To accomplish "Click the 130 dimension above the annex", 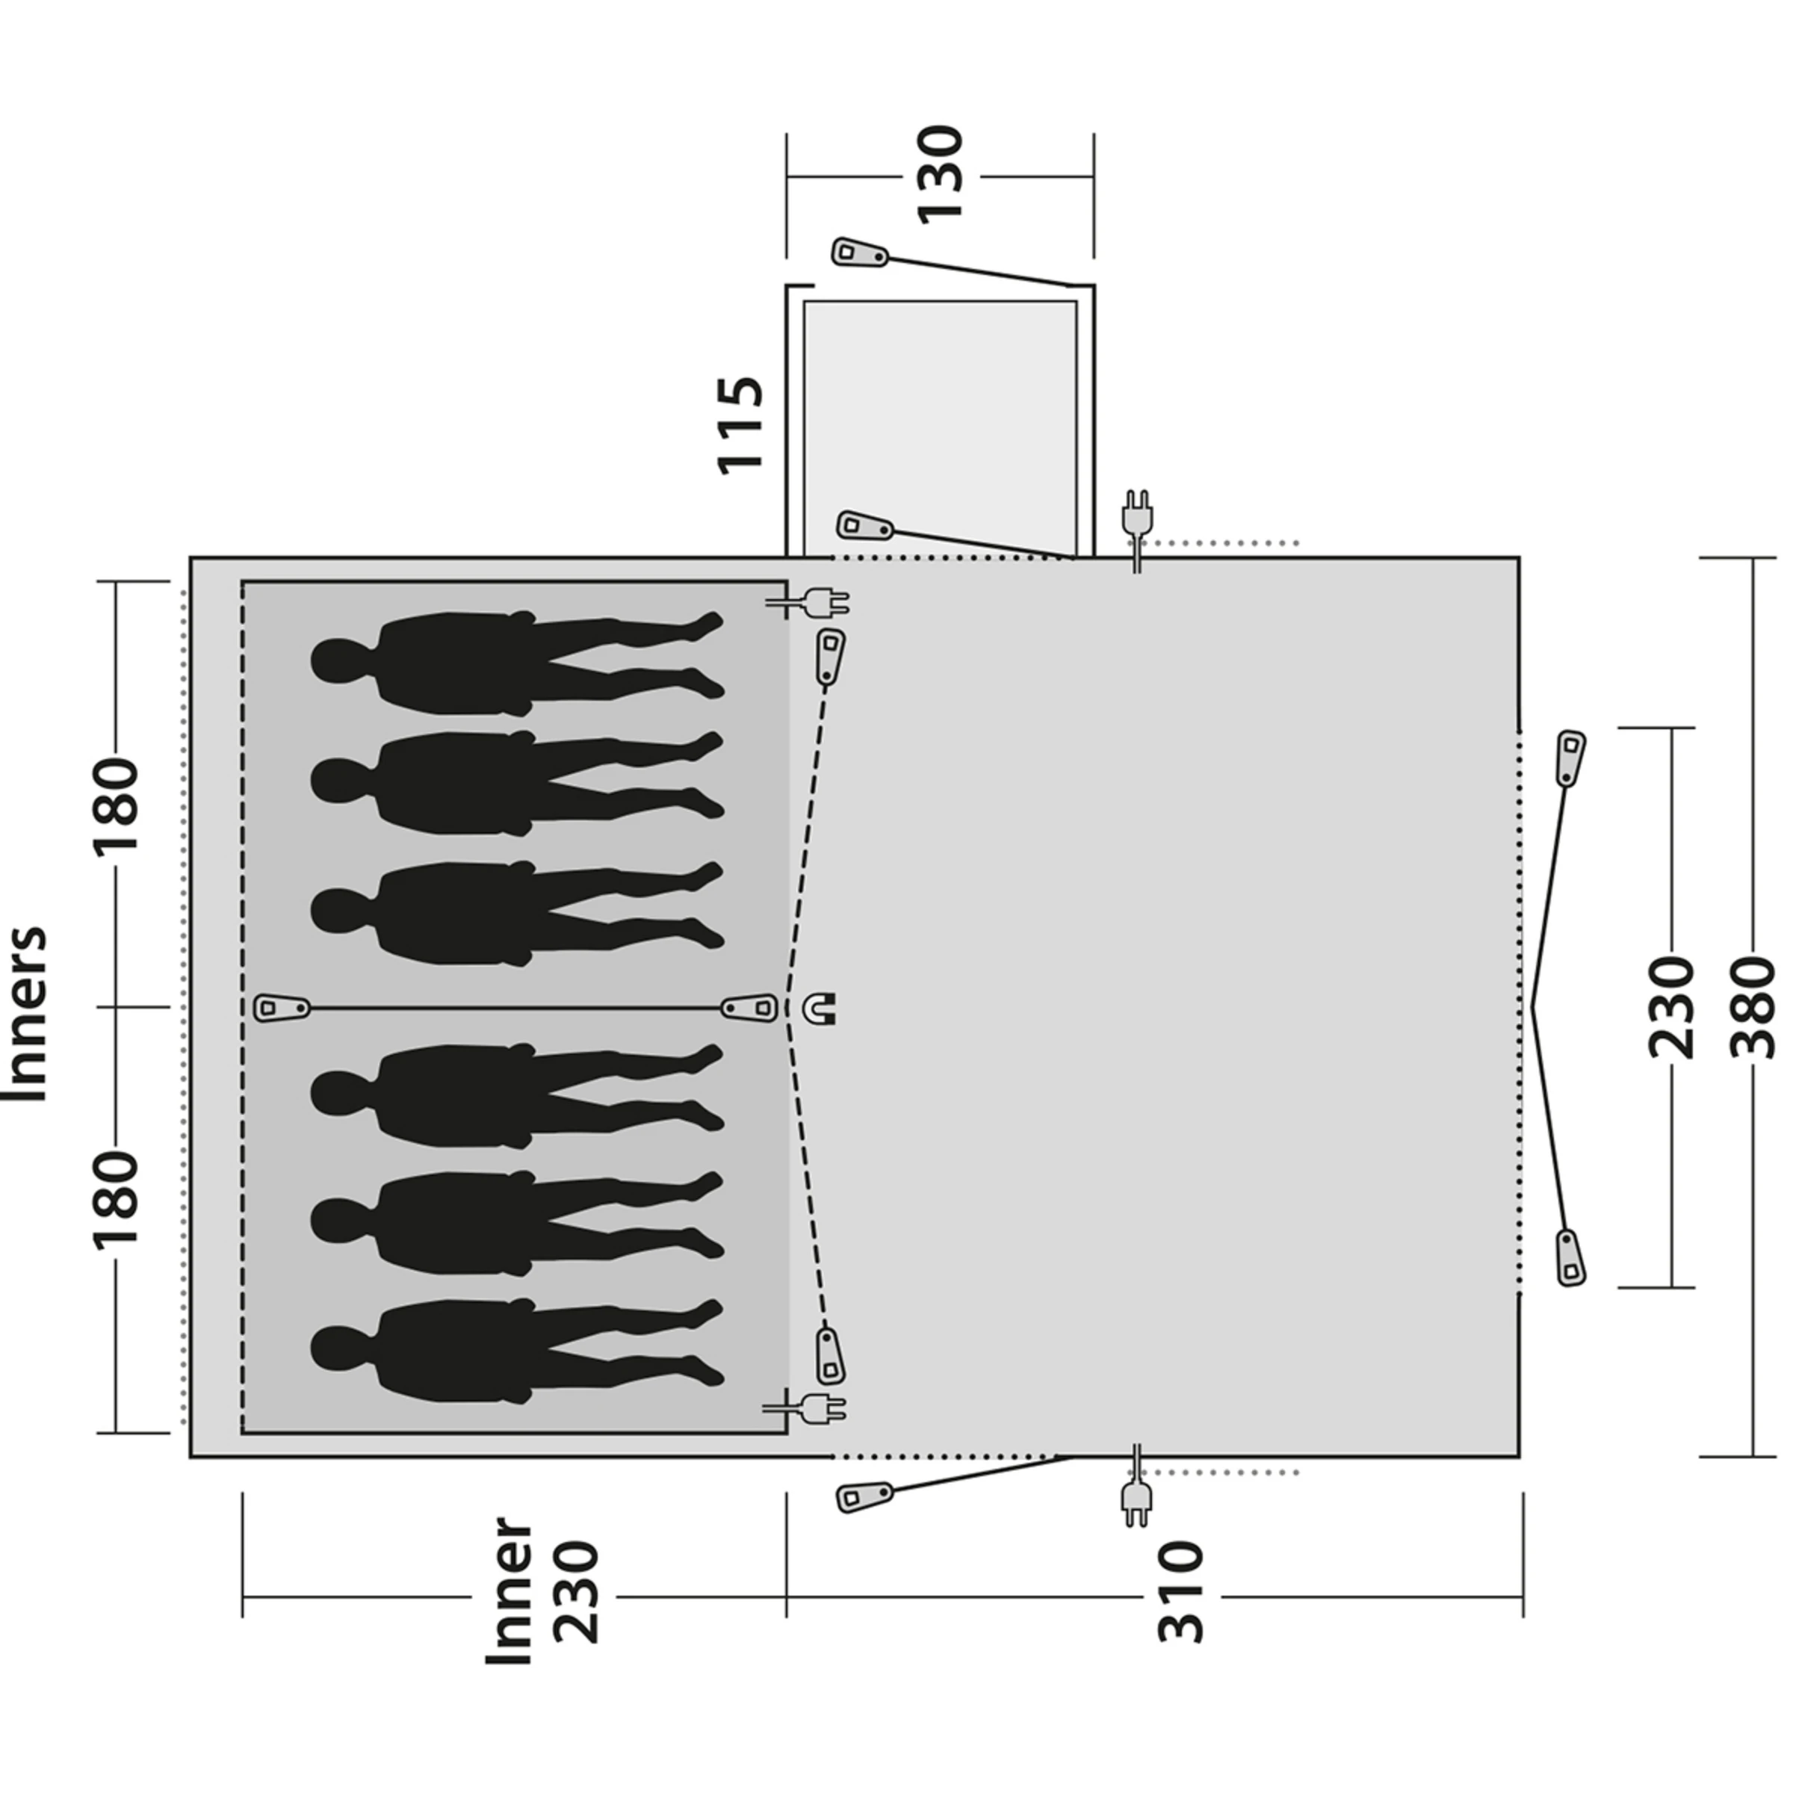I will tap(940, 175).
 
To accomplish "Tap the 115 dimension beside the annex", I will tap(740, 425).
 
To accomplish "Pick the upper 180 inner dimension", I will tap(118, 804).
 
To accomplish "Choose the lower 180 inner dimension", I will tap(118, 1197).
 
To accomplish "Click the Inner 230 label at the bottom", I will tap(543, 1590).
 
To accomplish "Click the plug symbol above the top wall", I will tap(1137, 513).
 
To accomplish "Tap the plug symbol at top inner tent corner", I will tap(825, 605).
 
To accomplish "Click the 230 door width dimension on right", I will tap(1671, 1007).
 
